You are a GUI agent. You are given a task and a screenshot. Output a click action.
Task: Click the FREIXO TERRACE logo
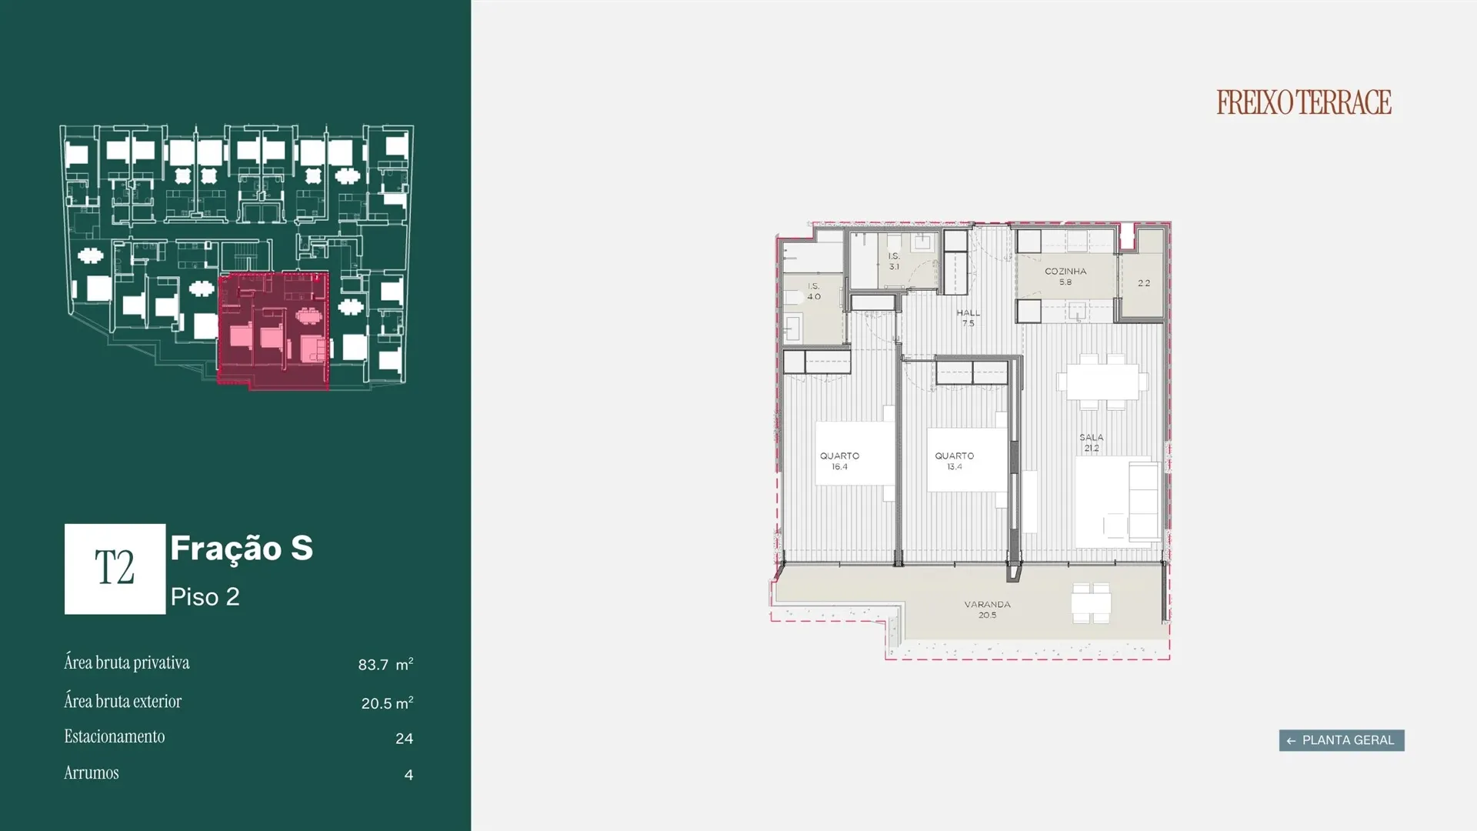[1304, 102]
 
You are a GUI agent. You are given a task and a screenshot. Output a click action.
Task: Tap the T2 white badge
[115, 569]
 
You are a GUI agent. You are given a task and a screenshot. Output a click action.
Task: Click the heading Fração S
[242, 548]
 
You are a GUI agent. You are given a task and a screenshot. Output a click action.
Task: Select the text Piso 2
[205, 597]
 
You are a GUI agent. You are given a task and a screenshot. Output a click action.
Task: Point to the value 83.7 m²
[385, 664]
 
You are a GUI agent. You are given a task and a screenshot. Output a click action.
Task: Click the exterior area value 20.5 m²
[387, 703]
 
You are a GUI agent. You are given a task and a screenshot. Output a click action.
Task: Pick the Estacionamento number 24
[404, 739]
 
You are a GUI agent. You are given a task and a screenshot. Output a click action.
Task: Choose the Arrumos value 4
[408, 775]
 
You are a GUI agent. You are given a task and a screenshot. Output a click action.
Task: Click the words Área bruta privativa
[127, 662]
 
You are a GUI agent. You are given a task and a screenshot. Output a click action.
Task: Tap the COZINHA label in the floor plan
[1065, 272]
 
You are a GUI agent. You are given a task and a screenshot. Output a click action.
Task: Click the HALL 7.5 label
[968, 318]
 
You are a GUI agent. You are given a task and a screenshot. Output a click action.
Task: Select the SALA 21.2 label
[1091, 442]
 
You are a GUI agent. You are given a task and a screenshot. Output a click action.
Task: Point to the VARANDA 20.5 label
[987, 609]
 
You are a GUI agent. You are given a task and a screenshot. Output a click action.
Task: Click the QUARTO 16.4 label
[839, 461]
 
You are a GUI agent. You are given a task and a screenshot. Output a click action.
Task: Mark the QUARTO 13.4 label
[954, 461]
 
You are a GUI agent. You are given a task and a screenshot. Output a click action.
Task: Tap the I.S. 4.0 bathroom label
[814, 291]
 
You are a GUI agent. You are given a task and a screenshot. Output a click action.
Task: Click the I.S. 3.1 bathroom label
[894, 262]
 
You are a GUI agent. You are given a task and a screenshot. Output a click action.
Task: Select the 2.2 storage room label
[1144, 283]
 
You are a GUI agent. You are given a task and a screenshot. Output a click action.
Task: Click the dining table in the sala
[1098, 382]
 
